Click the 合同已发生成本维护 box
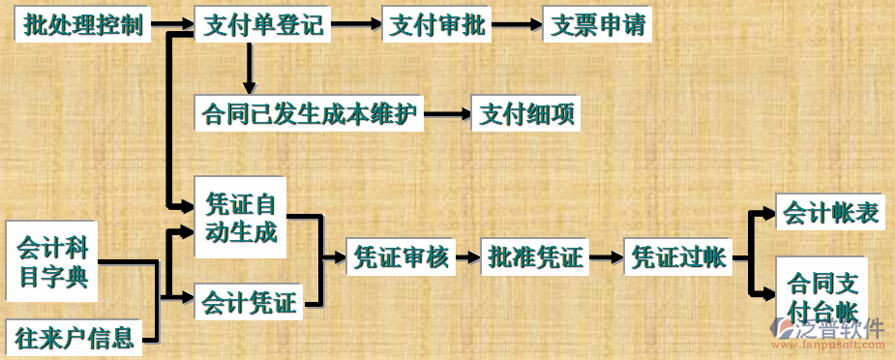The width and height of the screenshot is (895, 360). [x=309, y=114]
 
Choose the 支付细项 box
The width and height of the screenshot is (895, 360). [x=528, y=115]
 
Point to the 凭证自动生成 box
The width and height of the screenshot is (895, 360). [x=241, y=218]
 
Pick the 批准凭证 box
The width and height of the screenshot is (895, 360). [x=535, y=257]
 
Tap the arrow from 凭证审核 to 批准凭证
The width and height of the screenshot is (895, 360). [x=468, y=257]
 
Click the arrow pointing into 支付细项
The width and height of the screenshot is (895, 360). [x=448, y=115]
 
